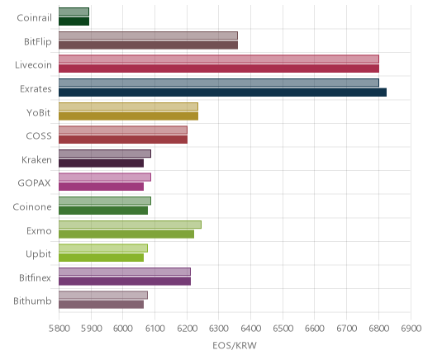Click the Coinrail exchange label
point(34,18)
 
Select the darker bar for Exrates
point(222,92)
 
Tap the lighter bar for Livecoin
point(219,59)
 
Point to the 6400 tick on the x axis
point(250,328)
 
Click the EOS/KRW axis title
point(235,345)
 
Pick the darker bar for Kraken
point(101,163)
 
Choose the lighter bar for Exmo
point(130,225)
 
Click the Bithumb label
point(32,301)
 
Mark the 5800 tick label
point(59,328)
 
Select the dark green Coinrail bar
point(74,21)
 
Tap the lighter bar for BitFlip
point(148,36)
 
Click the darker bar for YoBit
point(128,116)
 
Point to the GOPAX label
point(34,183)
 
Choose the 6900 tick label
point(411,328)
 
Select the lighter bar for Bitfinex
point(125,272)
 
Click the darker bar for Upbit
point(101,258)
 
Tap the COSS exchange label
point(39,136)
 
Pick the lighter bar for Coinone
point(105,201)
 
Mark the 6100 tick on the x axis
point(154,328)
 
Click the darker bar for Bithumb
point(101,305)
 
